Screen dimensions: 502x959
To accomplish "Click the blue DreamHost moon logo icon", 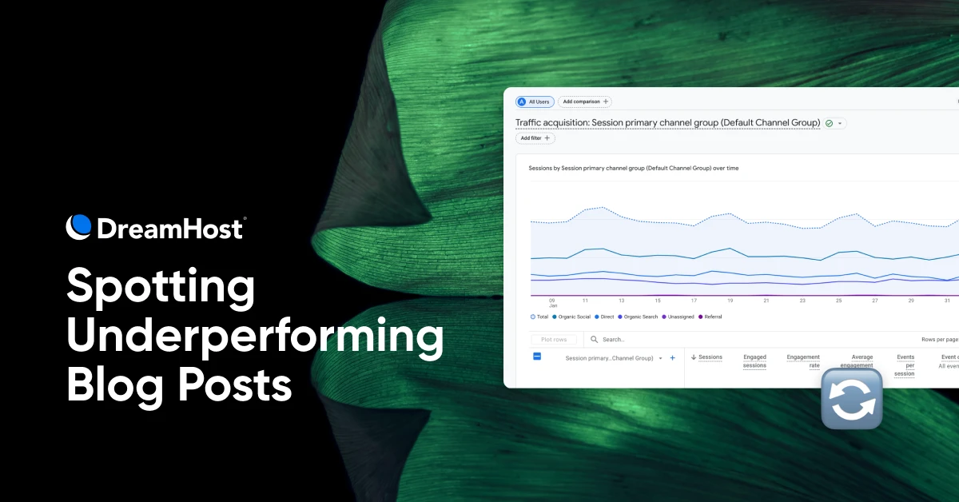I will point(79,227).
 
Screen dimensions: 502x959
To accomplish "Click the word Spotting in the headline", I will point(160,286).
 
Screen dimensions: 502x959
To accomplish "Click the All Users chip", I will point(535,102).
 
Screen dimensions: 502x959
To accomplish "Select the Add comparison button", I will point(584,102).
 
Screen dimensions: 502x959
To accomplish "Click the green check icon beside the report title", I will point(829,123).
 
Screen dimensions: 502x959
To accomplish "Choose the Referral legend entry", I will point(710,317).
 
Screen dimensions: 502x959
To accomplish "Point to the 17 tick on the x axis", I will point(694,301).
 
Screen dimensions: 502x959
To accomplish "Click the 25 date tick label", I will point(838,301).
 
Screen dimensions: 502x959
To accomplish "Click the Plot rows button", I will point(553,340).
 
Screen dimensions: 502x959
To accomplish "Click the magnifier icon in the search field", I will point(595,340).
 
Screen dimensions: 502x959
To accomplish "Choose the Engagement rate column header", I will point(802,361).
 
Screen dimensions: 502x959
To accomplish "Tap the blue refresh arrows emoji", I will point(852,399).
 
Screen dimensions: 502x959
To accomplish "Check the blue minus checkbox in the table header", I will point(537,357).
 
